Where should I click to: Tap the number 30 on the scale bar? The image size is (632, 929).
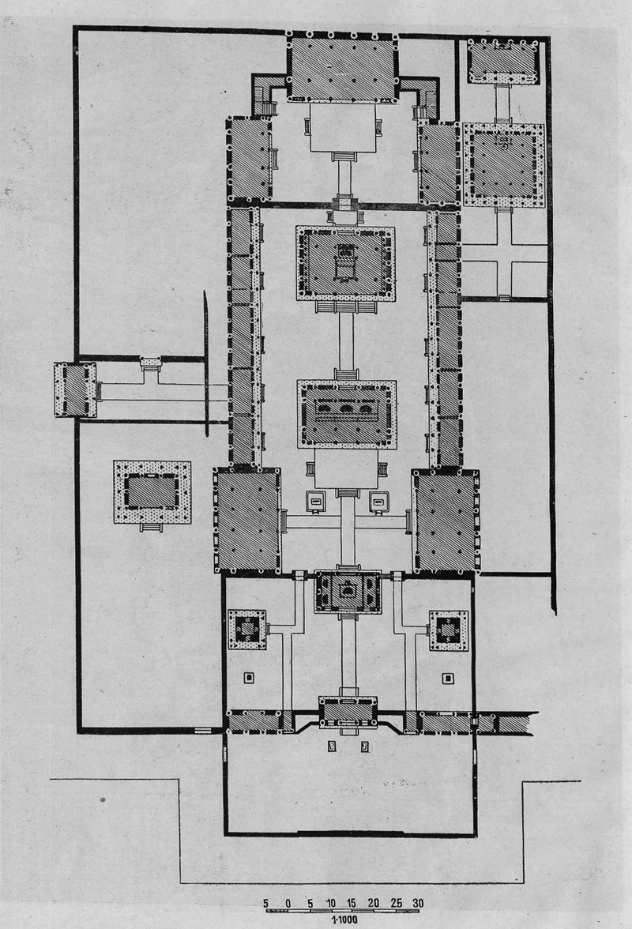point(418,903)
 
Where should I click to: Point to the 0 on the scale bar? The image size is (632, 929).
point(288,903)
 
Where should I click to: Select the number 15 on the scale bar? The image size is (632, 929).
point(352,903)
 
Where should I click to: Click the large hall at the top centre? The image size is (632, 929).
point(342,68)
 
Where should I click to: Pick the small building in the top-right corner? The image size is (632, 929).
point(503,61)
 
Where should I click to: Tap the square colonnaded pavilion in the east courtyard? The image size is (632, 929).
point(503,164)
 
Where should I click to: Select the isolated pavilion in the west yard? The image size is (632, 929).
point(152,492)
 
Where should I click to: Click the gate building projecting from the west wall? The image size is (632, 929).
point(75,390)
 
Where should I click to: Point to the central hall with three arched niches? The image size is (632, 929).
point(347,414)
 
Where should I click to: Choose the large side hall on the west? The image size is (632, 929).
point(247,520)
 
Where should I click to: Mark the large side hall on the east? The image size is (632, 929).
point(446,521)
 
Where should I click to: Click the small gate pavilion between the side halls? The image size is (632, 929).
point(348,591)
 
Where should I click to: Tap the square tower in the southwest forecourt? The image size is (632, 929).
point(247,629)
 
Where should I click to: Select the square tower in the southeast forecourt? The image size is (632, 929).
point(449,630)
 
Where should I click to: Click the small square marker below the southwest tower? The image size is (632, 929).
point(250,677)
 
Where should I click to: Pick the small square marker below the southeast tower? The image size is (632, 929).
point(449,679)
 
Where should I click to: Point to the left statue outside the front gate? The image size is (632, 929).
point(333,746)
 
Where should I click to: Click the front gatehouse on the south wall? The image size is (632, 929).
point(348,713)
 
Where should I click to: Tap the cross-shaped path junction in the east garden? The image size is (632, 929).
point(503,253)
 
